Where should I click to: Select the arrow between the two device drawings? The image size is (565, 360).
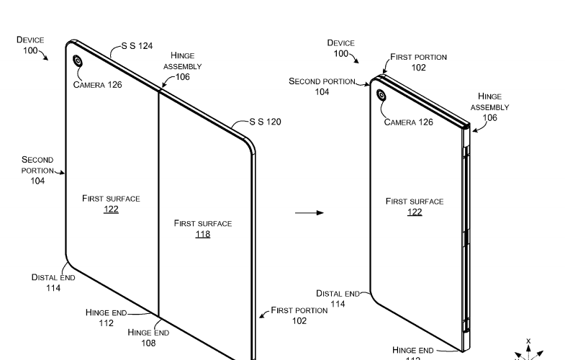309,212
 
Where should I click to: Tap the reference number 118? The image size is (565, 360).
203,234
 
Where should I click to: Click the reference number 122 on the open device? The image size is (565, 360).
111,210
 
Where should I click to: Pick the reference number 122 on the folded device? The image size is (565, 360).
415,212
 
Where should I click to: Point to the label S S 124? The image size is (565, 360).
137,45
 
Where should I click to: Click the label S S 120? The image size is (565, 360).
266,122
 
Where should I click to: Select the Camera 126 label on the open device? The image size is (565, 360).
97,85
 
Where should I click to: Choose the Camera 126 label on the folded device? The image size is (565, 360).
408,122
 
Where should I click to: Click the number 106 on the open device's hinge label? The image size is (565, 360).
183,77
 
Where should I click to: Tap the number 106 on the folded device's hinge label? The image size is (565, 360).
489,117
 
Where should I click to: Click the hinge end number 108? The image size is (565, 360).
148,343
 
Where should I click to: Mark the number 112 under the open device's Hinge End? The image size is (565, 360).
107,323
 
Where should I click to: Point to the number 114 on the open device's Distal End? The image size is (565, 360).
53,288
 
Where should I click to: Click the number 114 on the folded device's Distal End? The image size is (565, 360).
338,304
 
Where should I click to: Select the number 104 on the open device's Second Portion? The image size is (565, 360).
37,181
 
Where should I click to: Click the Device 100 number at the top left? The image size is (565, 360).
30,50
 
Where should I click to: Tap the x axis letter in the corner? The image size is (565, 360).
528,341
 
